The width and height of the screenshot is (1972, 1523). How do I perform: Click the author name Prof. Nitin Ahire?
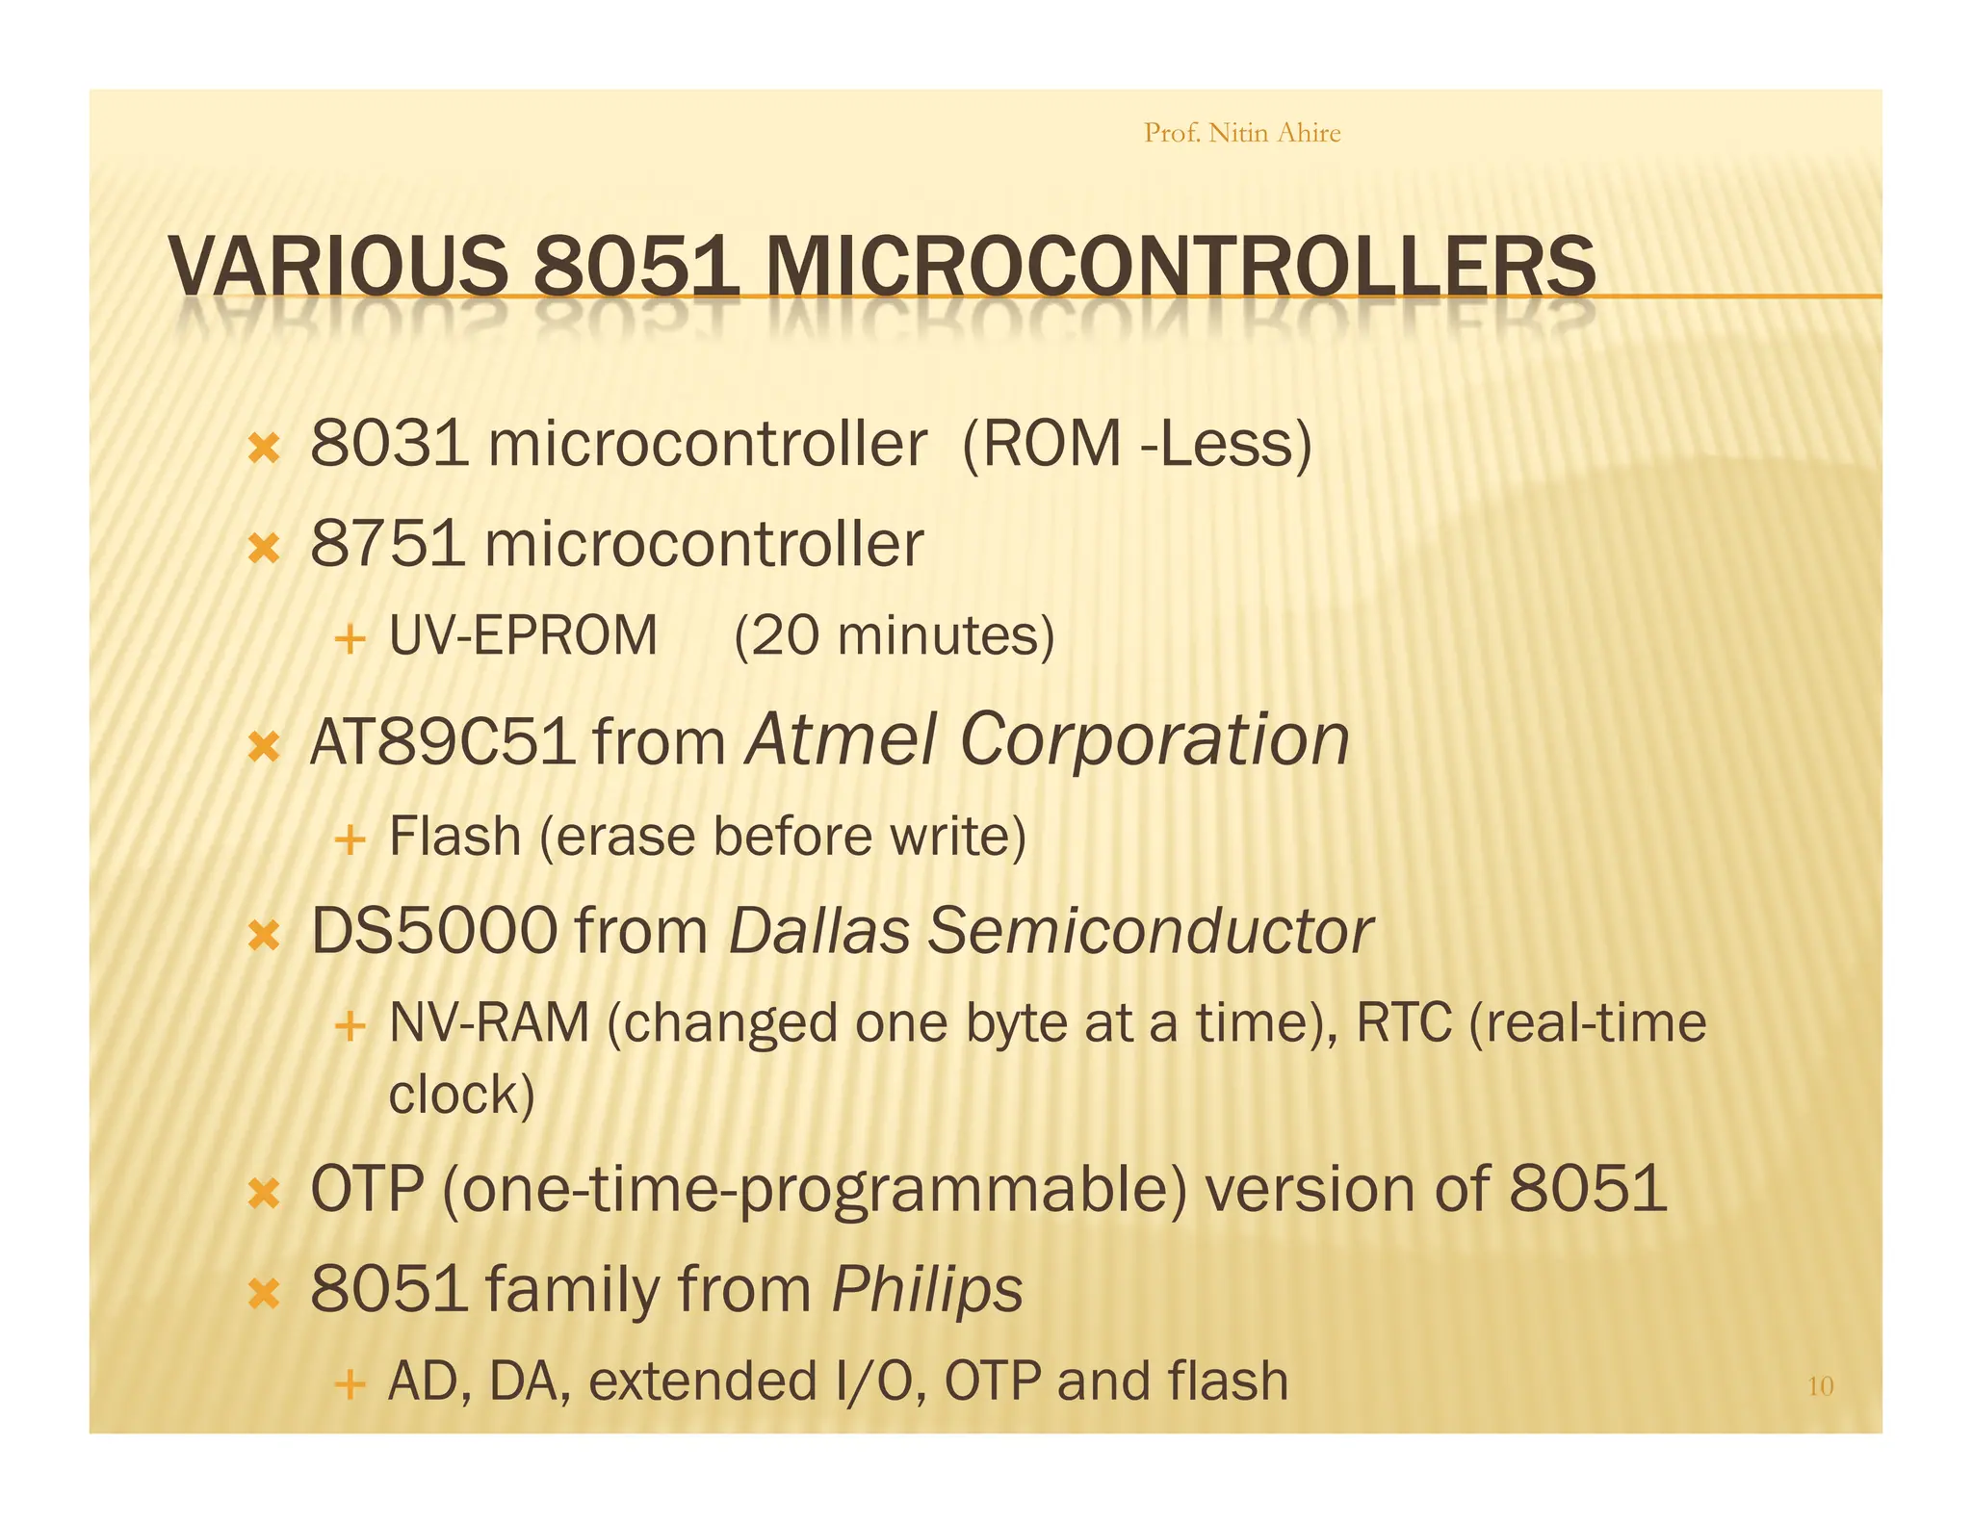point(1241,132)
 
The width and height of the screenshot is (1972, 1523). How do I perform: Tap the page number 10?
point(1820,1386)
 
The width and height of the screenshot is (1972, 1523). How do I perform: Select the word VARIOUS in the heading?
point(338,267)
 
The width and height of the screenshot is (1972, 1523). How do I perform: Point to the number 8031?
point(389,444)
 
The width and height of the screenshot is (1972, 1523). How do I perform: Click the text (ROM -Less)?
point(1137,444)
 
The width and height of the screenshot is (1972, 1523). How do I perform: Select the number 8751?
point(388,544)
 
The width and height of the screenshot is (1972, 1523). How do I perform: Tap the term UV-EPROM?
point(523,636)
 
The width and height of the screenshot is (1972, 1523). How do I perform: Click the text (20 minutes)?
point(895,636)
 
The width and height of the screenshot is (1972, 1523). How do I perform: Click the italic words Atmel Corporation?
point(1047,740)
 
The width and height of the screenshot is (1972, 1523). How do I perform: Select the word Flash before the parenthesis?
point(454,836)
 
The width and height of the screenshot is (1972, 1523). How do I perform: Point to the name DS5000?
point(434,932)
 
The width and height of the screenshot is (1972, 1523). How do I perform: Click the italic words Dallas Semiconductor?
point(1050,932)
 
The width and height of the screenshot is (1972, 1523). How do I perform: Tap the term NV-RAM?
point(488,1022)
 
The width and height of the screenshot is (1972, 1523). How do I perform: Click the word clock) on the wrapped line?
point(461,1095)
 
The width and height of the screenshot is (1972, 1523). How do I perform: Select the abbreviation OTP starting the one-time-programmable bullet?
point(367,1189)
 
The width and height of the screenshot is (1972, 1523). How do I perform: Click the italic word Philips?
point(926,1289)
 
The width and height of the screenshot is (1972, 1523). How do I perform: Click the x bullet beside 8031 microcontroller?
point(263,449)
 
